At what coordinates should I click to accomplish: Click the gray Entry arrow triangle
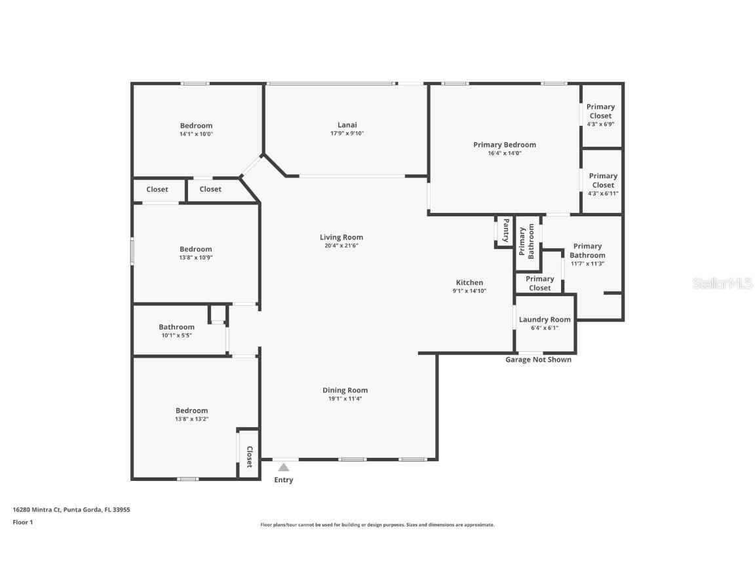coord(283,468)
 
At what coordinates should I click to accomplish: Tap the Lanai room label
coord(347,125)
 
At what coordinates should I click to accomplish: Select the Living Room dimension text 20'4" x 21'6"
coord(341,246)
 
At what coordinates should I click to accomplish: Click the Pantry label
coord(506,231)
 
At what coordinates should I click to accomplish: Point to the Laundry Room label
coord(544,320)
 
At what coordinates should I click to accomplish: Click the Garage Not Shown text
coord(538,360)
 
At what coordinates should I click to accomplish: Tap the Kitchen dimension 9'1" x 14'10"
coord(469,291)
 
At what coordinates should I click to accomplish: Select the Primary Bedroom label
coord(504,145)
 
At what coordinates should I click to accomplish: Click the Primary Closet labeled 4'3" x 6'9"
coord(600,115)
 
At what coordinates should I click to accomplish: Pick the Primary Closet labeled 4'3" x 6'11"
coord(603,184)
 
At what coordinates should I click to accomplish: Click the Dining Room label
coord(345,390)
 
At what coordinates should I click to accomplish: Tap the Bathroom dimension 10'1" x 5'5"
coord(176,335)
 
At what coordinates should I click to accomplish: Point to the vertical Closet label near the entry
coord(249,457)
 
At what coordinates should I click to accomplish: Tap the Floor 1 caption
coord(22,522)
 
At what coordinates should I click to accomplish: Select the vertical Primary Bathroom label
coord(526,242)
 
